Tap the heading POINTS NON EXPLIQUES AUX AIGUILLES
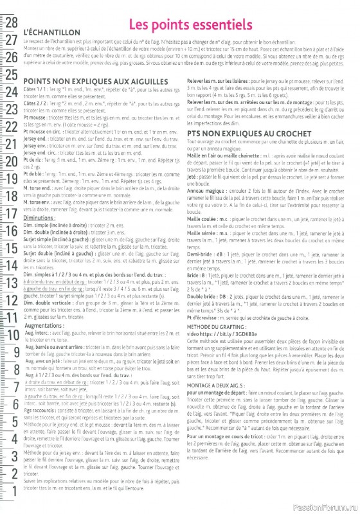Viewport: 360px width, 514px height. tap(96, 82)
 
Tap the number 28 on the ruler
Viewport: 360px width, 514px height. tap(11, 22)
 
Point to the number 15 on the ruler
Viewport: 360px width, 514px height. tap(11, 248)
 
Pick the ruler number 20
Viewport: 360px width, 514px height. tap(11, 161)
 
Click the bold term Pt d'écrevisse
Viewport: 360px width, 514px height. tap(203, 299)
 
